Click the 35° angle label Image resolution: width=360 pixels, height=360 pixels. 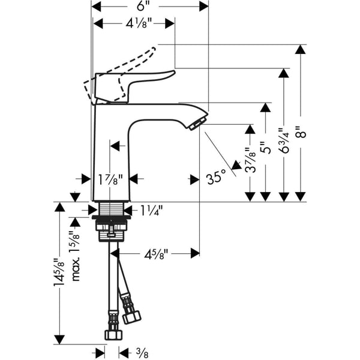click(x=216, y=178)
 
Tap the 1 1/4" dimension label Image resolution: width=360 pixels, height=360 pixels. click(x=151, y=210)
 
